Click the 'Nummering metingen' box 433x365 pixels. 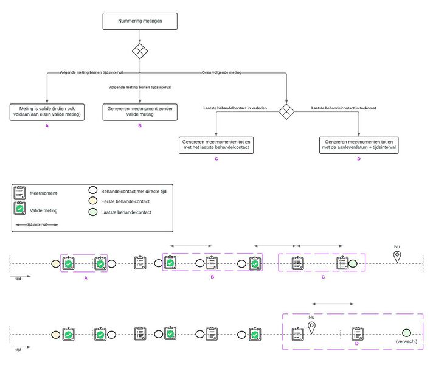coord(140,21)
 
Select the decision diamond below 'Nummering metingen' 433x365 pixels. coord(140,51)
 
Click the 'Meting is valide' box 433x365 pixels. coord(47,111)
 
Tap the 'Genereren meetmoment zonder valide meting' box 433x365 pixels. coord(140,111)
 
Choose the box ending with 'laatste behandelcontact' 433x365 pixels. coord(216,144)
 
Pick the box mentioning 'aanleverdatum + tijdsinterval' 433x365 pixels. coord(358,144)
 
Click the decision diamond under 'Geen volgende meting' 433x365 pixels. coord(286,111)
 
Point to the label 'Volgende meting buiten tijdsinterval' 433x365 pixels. coord(139,88)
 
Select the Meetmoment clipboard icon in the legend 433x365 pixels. coord(20,193)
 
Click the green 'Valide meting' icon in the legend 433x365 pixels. coord(20,210)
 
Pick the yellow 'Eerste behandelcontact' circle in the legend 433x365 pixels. coord(92,201)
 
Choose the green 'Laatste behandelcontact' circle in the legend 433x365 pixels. coord(92,212)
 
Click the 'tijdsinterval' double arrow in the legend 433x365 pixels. coord(35,225)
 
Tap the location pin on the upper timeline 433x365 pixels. coord(397,257)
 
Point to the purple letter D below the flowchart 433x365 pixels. coord(358,159)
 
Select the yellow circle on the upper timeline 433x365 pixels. coord(55,264)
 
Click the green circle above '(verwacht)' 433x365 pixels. coord(406,333)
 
